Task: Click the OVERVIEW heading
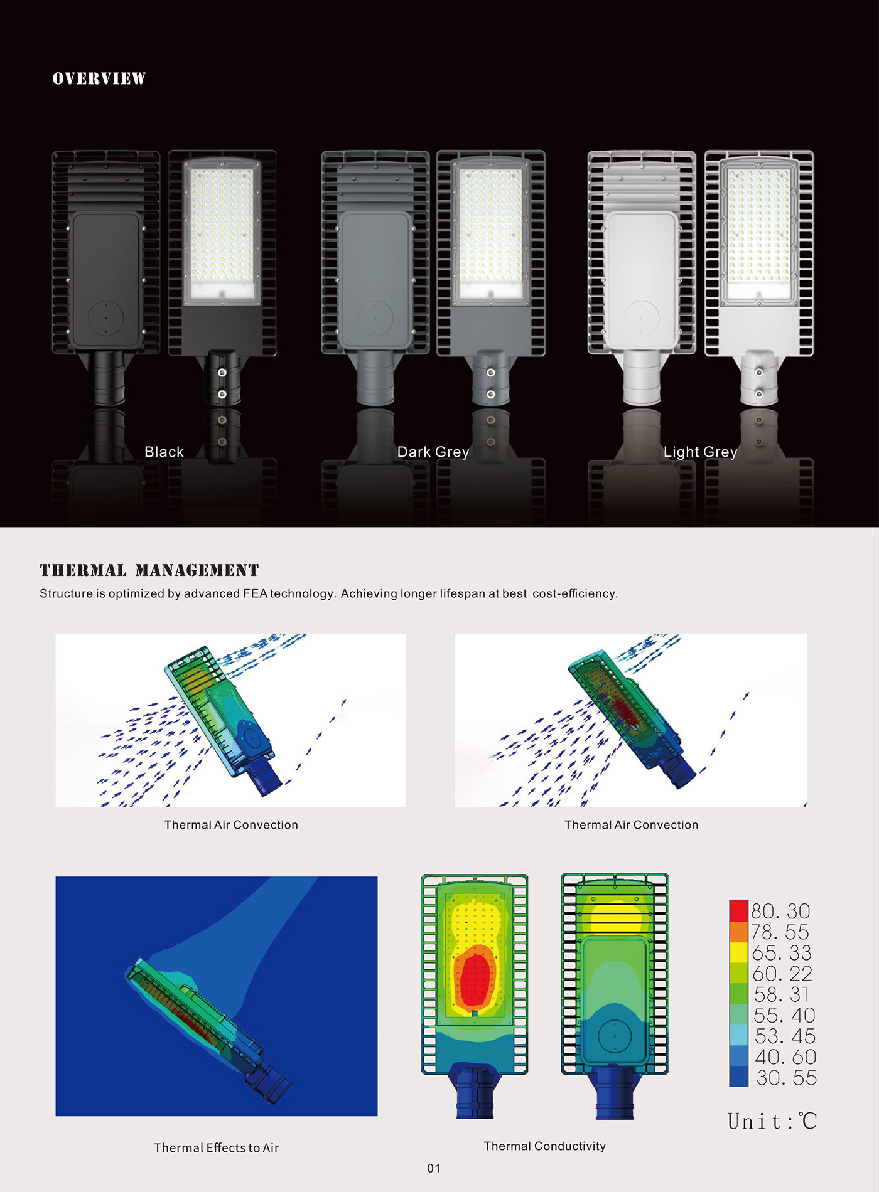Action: [99, 78]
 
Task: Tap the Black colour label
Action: [164, 452]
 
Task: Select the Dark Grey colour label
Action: [433, 452]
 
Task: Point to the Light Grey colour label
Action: [701, 452]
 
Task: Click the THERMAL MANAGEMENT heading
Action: [149, 570]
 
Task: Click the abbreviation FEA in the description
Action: [255, 593]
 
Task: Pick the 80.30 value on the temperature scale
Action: [780, 911]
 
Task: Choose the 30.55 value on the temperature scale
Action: [786, 1078]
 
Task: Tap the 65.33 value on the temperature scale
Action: [782, 953]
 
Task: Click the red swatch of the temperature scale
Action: [738, 910]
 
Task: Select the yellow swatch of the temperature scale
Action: [738, 952]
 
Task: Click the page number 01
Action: [434, 1168]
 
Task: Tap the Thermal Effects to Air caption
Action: [217, 1147]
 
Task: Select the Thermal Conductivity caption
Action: [545, 1146]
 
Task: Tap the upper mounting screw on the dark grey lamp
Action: [491, 373]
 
